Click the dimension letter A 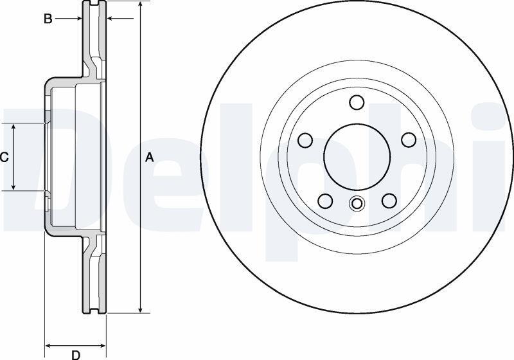150,157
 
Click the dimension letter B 48,19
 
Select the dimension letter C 4,157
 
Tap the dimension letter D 76,355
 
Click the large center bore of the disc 357,157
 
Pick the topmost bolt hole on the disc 357,102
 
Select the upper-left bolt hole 305,140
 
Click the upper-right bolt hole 409,140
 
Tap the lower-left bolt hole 325,201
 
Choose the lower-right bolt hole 389,201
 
